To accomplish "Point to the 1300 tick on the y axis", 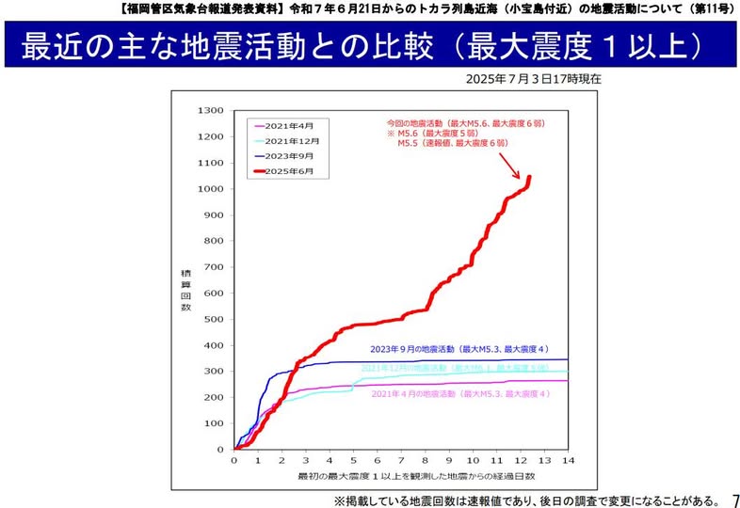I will pyautogui.click(x=210, y=111).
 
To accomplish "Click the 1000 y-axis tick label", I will pyautogui.click(x=210, y=189).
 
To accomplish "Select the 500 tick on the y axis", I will pyautogui.click(x=213, y=319).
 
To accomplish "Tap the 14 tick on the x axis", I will pyautogui.click(x=568, y=461).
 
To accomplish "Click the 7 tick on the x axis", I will pyautogui.click(x=401, y=461).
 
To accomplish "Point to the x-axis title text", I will pyautogui.click(x=400, y=478).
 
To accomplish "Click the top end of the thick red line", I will pyautogui.click(x=529, y=177).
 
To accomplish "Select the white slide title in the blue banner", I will pyautogui.click(x=362, y=48).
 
